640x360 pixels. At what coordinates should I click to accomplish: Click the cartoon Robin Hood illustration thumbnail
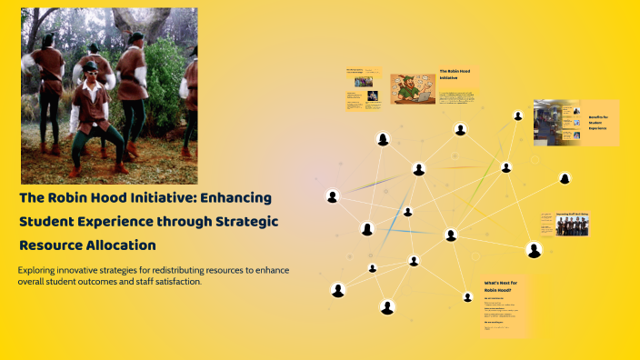point(413,88)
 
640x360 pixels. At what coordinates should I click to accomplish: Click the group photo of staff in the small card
point(572,225)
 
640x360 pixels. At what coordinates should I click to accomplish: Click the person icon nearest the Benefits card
point(518,116)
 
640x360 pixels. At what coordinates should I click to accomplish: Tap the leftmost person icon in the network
point(332,196)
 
